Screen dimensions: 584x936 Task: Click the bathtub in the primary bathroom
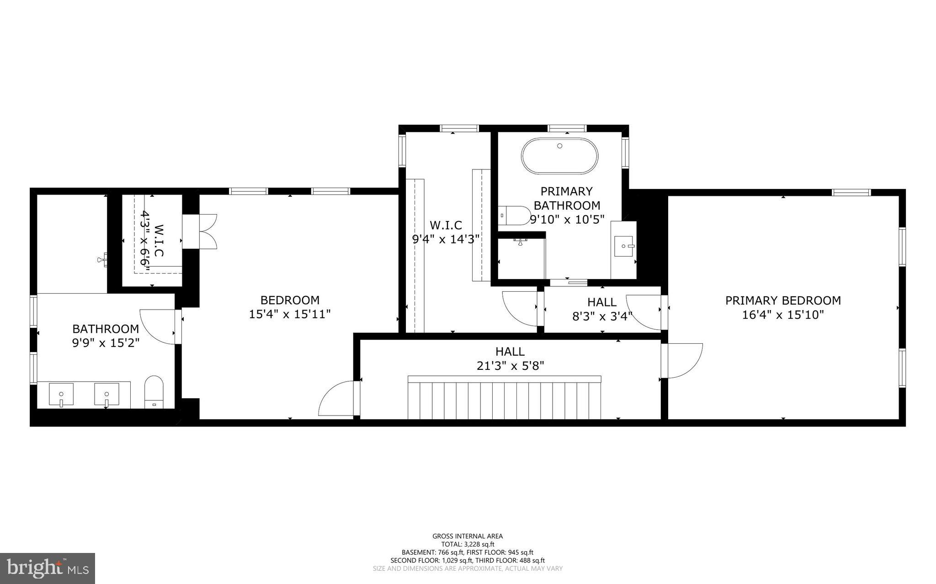(559, 156)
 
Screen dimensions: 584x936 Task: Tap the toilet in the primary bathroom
(515, 215)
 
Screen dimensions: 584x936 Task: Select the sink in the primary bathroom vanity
(624, 246)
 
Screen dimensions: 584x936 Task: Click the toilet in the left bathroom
(154, 391)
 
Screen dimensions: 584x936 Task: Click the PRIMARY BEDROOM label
(783, 300)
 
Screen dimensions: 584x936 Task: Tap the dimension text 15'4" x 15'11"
(290, 314)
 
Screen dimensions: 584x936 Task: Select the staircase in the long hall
(504, 398)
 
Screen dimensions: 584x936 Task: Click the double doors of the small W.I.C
(208, 231)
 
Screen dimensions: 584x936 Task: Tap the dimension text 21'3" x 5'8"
(510, 366)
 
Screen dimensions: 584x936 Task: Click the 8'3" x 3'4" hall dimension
(602, 316)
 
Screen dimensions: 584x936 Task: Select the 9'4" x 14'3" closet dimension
(446, 239)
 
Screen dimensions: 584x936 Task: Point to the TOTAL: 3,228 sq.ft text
(468, 544)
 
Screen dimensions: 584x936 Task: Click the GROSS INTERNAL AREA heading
(468, 536)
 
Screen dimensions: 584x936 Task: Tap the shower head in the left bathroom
(102, 260)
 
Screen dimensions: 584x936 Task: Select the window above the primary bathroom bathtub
(567, 128)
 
